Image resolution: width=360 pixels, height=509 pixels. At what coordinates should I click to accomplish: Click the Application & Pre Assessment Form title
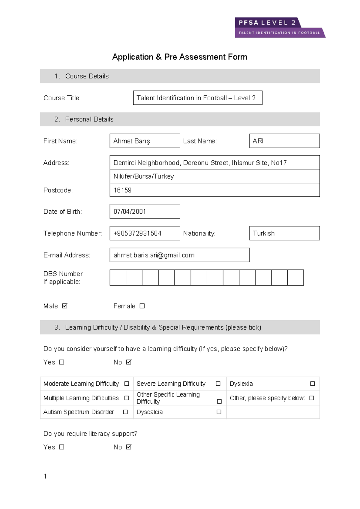[x=179, y=57]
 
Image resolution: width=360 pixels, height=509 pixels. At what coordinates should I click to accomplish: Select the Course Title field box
[x=197, y=98]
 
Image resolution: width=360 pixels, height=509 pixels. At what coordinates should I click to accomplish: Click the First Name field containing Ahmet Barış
[x=145, y=141]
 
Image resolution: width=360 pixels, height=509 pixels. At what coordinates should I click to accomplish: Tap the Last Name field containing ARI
[x=284, y=141]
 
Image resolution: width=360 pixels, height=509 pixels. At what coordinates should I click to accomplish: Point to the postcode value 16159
[x=122, y=190]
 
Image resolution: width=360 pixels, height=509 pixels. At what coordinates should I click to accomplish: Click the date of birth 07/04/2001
[x=130, y=212]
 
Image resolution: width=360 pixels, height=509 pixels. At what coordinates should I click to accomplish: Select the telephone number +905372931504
[x=137, y=233]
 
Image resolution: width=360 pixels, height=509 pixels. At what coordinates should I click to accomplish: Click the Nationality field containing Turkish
[x=284, y=233]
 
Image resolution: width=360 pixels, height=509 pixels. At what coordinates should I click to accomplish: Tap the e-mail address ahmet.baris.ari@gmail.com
[x=154, y=255]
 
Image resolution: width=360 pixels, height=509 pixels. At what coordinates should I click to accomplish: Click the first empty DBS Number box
[x=118, y=278]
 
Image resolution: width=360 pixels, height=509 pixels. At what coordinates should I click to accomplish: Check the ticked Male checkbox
[x=64, y=306]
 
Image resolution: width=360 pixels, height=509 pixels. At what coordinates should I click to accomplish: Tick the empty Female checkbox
[x=142, y=306]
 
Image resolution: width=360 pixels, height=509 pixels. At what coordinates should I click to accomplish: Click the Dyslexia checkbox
[x=312, y=384]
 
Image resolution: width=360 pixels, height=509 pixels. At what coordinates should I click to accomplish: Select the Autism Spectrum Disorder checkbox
[x=125, y=412]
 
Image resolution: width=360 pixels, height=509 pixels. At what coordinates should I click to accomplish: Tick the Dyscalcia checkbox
[x=219, y=412]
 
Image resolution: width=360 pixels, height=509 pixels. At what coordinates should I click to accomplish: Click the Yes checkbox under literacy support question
[x=61, y=447]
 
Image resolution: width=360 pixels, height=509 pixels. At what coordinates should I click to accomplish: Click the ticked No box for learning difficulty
[x=129, y=362]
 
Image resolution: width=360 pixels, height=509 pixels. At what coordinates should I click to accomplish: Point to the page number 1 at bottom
[x=45, y=476]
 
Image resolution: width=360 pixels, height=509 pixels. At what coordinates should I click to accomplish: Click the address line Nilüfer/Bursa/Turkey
[x=143, y=176]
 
